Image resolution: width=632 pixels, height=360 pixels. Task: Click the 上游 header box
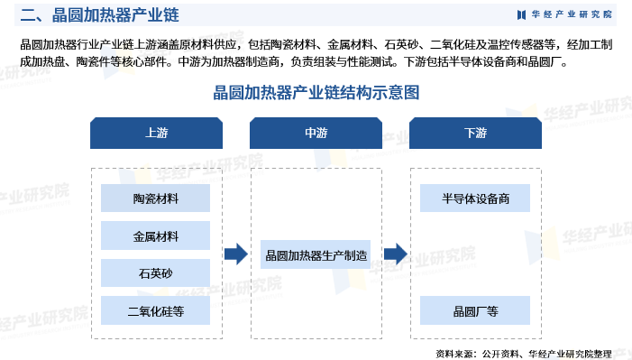pyautogui.click(x=156, y=133)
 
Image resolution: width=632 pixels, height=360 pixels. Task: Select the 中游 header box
pyautogui.click(x=316, y=133)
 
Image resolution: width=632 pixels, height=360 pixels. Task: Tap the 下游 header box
pyautogui.click(x=475, y=133)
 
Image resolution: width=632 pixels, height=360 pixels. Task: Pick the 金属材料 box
pyautogui.click(x=156, y=236)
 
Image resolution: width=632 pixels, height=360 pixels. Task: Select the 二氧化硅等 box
pyautogui.click(x=156, y=312)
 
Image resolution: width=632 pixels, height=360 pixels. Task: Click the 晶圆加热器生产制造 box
pyautogui.click(x=316, y=255)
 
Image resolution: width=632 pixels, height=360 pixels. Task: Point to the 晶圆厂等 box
pyautogui.click(x=475, y=312)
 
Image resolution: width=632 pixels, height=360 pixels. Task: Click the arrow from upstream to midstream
pyautogui.click(x=235, y=255)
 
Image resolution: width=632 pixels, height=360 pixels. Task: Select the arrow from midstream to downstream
pyautogui.click(x=395, y=255)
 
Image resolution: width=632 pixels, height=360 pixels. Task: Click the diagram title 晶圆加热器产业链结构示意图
pyautogui.click(x=316, y=93)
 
